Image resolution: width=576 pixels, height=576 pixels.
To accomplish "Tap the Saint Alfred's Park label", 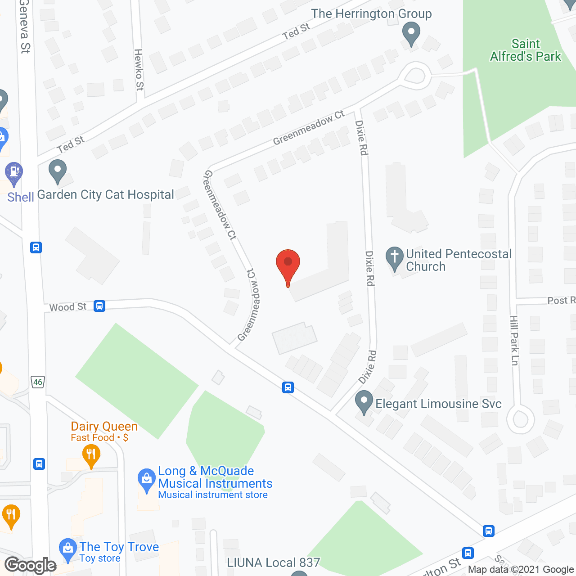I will click(526, 50).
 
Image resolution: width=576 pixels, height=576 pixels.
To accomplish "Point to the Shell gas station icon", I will click(14, 173).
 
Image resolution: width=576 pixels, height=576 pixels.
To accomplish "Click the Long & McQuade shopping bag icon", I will click(146, 480).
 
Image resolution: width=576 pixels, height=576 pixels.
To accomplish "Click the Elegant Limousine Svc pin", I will click(364, 402).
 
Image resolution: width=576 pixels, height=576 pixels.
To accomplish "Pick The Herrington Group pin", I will click(411, 34).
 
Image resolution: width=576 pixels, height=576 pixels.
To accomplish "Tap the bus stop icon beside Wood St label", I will click(99, 306).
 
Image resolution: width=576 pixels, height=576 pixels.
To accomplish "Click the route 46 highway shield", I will click(38, 382).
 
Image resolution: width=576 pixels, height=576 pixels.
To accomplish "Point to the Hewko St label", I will click(139, 69).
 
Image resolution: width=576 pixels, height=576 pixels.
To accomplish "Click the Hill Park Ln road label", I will click(514, 340).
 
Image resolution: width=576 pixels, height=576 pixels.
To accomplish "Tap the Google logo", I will click(31, 565).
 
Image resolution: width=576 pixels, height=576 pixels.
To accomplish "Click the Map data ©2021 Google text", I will click(521, 569).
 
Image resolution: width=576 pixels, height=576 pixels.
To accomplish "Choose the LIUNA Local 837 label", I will click(273, 562).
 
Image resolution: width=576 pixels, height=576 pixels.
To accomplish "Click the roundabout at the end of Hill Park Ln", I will click(521, 419).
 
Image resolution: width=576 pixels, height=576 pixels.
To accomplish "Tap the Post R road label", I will click(561, 300).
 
